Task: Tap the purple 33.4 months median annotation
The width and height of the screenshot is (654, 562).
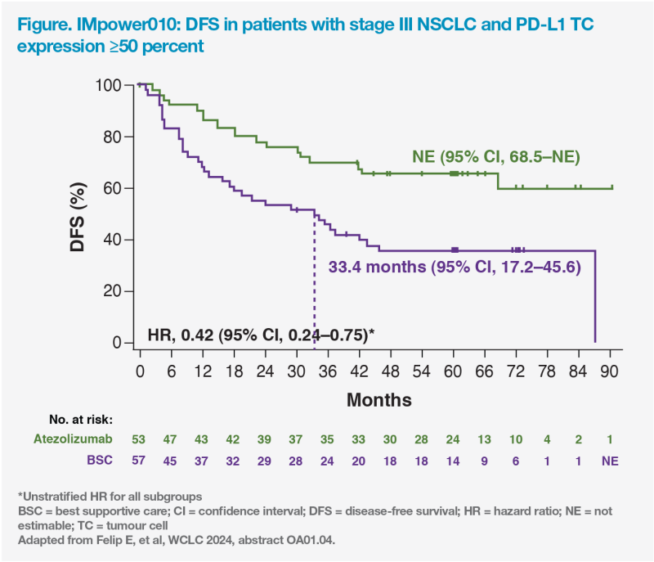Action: [x=455, y=266]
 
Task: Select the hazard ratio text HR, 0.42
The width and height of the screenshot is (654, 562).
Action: [x=260, y=334]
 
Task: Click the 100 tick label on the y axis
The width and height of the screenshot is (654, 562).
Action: [x=107, y=85]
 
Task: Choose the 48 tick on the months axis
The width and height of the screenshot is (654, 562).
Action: [x=391, y=370]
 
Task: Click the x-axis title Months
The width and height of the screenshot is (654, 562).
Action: [x=379, y=400]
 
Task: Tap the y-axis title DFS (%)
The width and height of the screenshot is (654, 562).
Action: [x=78, y=215]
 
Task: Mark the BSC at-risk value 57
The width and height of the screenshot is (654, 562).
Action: [x=141, y=461]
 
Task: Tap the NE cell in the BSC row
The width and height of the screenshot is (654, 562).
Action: [x=609, y=461]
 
